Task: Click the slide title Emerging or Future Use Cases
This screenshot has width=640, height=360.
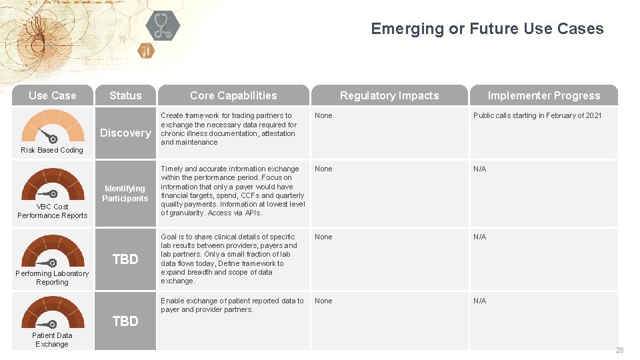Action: pos(487,29)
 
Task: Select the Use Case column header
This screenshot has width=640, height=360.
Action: pos(53,95)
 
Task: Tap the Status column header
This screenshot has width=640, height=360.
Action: pos(125,95)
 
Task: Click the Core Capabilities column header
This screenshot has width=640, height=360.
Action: pos(233,95)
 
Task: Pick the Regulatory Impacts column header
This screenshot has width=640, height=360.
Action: pos(389,95)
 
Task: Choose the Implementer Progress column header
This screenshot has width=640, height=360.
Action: pos(543,95)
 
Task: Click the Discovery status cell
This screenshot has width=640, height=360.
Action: pos(125,133)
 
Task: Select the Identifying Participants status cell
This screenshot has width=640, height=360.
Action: pos(125,193)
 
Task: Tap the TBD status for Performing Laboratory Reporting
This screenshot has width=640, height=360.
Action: pos(125,259)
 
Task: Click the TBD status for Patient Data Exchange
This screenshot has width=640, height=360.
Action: pos(125,321)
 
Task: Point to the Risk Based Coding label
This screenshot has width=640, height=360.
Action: pos(52,150)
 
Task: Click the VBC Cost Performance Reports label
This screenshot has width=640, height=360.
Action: pos(52,211)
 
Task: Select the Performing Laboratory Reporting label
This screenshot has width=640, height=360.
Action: pos(52,277)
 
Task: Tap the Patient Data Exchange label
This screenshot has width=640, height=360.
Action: pos(52,339)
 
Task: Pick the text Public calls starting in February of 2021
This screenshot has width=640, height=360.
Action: pos(537,115)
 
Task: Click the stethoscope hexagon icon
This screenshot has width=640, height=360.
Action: pos(163,26)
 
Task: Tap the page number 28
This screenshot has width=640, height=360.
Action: pos(619,350)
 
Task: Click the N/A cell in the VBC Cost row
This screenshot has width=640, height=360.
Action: pos(479,169)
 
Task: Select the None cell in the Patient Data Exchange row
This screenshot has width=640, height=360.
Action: pos(323,301)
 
